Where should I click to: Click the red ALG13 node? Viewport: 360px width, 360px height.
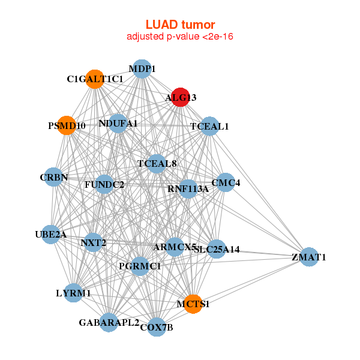click(181, 97)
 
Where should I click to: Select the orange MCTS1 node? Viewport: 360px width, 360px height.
click(193, 304)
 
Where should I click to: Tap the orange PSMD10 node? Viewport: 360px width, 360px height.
click(67, 125)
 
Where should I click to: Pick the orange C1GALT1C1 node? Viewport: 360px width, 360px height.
click(95, 79)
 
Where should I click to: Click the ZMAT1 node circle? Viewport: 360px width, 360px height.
click(308, 257)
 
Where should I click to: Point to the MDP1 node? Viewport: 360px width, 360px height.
click(142, 69)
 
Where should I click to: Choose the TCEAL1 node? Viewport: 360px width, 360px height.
click(209, 126)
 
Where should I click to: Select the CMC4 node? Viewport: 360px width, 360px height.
click(225, 182)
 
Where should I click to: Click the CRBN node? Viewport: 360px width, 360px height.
click(53, 177)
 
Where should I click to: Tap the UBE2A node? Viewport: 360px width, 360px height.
click(50, 234)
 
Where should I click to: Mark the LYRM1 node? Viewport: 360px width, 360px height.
click(73, 293)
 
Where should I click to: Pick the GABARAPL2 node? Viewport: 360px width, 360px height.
click(109, 322)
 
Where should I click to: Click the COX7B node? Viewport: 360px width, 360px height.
click(157, 327)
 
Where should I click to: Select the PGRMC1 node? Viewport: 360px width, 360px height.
click(139, 266)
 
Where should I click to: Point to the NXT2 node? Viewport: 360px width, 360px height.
click(93, 242)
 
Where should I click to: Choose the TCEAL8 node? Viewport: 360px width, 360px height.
click(157, 163)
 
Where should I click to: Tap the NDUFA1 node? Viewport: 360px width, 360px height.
click(118, 124)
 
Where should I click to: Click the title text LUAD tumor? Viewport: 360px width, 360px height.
click(180, 25)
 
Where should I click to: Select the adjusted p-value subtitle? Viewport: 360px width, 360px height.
click(180, 37)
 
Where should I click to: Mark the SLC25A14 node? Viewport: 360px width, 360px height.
click(217, 249)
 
